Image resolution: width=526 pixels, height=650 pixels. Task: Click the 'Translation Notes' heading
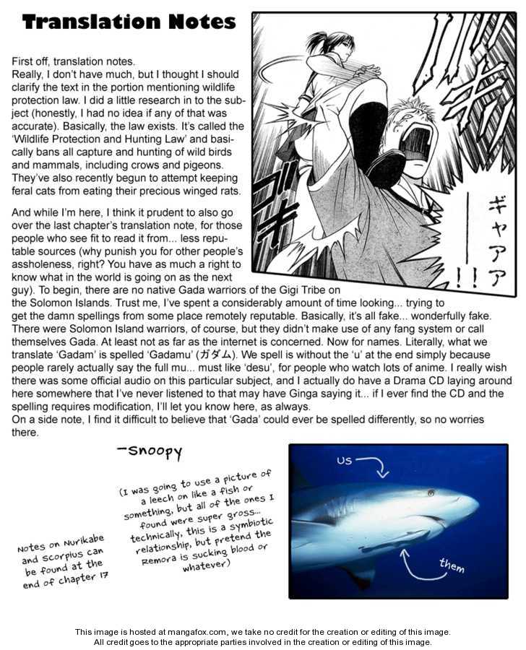(x=129, y=22)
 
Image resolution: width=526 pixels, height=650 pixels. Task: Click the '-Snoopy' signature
(x=150, y=452)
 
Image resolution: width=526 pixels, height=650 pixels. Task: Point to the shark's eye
(x=431, y=493)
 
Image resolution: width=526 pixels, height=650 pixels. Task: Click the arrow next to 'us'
(x=372, y=466)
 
